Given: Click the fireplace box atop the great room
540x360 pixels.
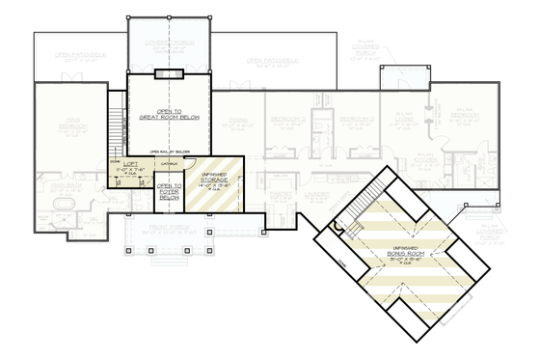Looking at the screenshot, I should [169, 75].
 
